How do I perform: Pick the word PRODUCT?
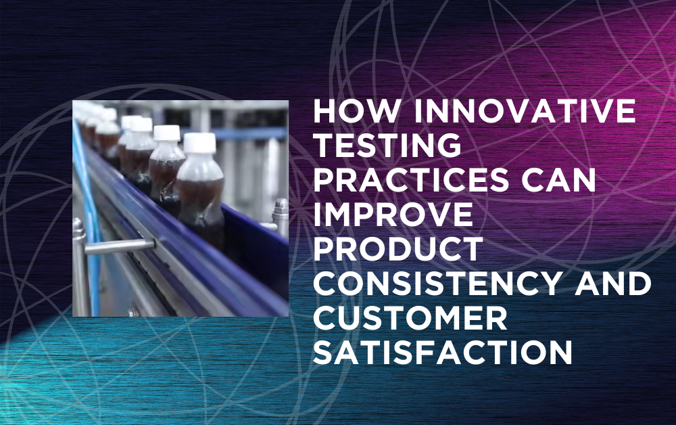[x=397, y=250]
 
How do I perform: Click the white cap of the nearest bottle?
[x=199, y=142]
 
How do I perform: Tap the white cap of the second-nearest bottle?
[x=166, y=133]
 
